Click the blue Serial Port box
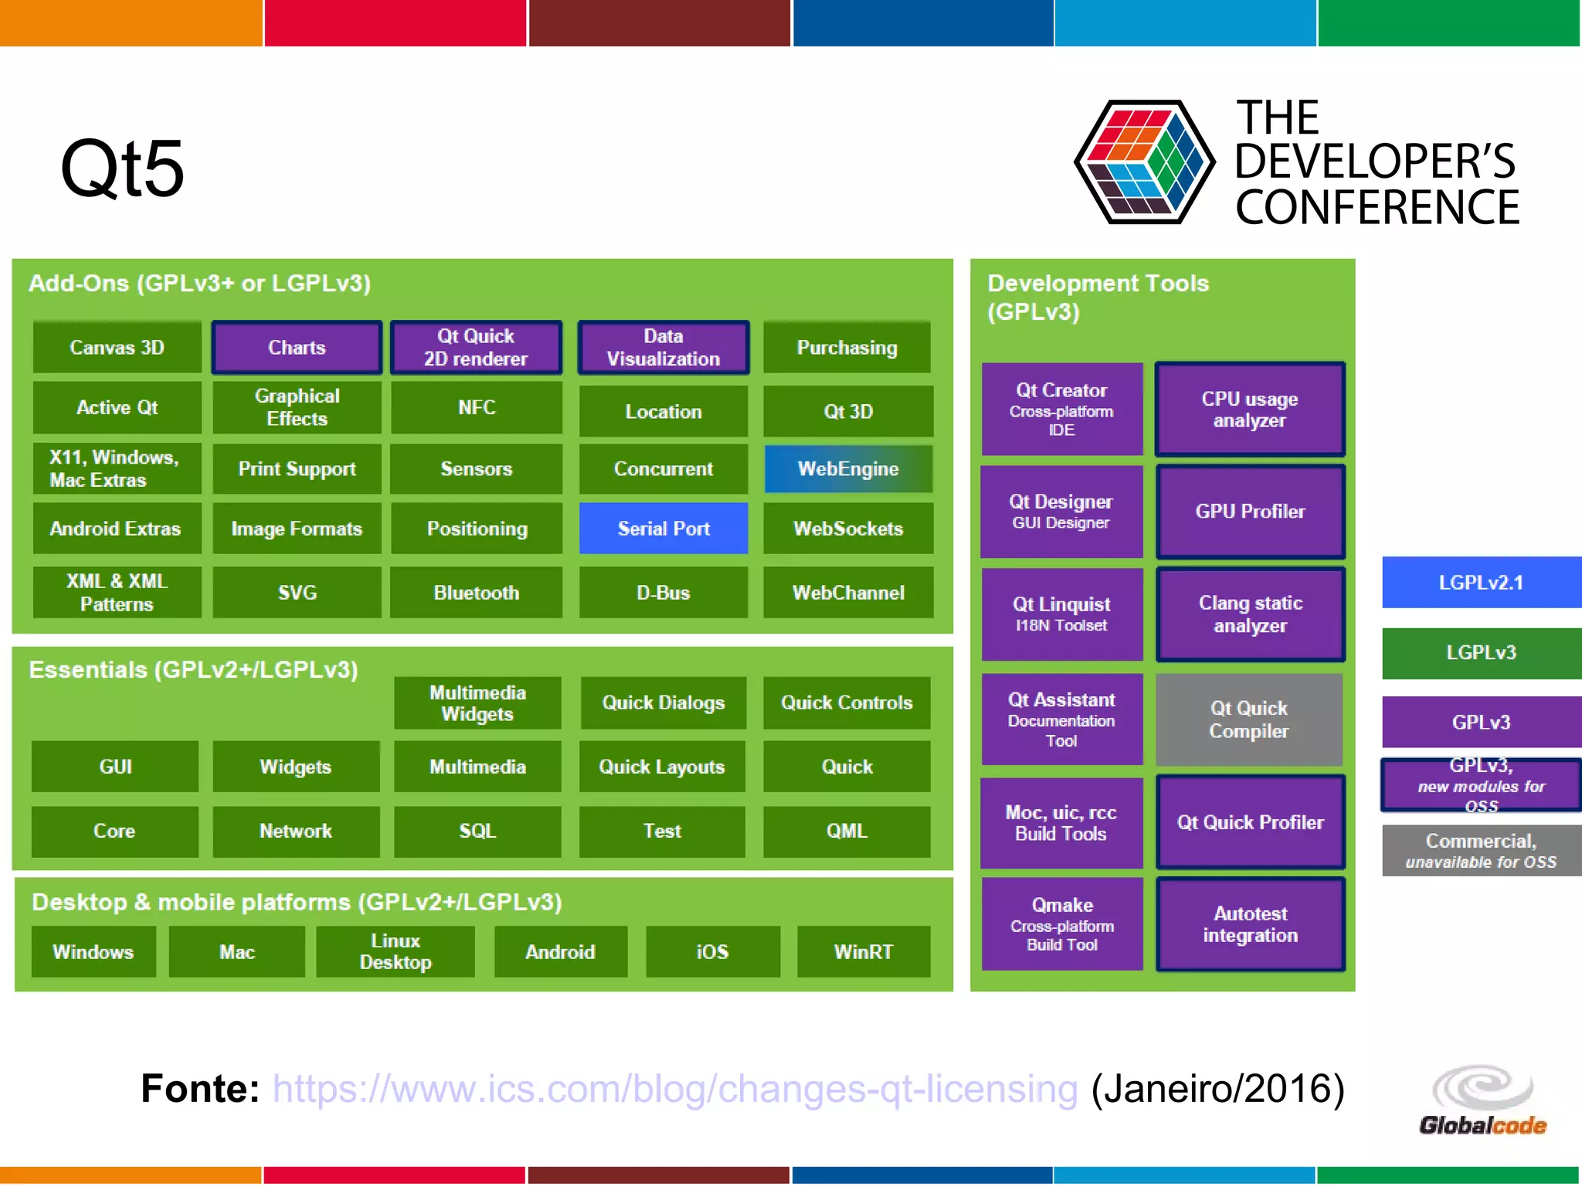(x=663, y=529)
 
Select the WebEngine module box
(x=847, y=469)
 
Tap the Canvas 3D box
(x=117, y=348)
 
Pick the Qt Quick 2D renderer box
(x=476, y=348)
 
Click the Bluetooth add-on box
(x=476, y=593)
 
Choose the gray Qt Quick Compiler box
(x=1248, y=719)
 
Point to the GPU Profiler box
(x=1250, y=512)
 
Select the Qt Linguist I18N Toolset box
(x=1061, y=614)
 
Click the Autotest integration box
(x=1250, y=924)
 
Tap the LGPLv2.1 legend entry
(x=1481, y=583)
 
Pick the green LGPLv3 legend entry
(x=1481, y=653)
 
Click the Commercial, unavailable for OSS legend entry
(x=1481, y=851)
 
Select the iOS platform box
(x=712, y=952)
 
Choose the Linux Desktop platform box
(x=395, y=952)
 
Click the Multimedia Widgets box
(x=477, y=703)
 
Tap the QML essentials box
(x=847, y=832)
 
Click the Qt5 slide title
(x=122, y=168)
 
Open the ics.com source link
(x=674, y=1089)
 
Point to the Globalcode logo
(x=1482, y=1101)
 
